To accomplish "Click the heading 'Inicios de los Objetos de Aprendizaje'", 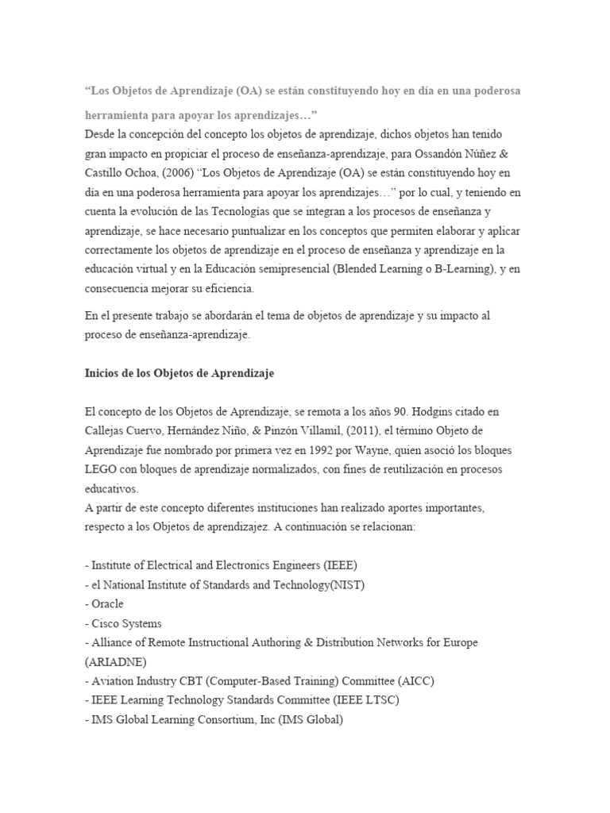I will point(180,372).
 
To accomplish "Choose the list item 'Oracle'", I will point(109,604).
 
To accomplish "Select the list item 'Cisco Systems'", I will point(127,623).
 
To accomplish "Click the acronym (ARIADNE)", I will point(119,661).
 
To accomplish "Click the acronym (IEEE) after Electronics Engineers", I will point(341,565).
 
